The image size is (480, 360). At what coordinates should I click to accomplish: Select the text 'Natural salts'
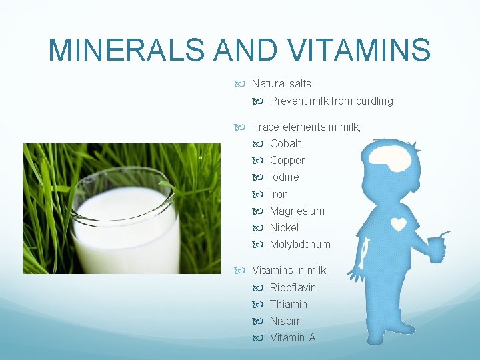pyautogui.click(x=281, y=84)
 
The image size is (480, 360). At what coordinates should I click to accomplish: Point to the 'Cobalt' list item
pyautogui.click(x=285, y=143)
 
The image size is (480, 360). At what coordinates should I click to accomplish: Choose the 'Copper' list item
pyautogui.click(x=287, y=160)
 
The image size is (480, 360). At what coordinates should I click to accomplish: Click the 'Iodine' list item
pyautogui.click(x=284, y=177)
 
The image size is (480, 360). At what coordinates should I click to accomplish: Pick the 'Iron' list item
pyautogui.click(x=279, y=194)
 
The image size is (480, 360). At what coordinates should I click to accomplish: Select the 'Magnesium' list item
pyautogui.click(x=297, y=211)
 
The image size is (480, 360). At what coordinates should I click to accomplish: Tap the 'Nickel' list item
pyautogui.click(x=284, y=227)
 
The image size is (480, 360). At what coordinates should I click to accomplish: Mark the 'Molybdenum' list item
pyautogui.click(x=299, y=244)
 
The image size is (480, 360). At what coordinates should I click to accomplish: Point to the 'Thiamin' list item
pyautogui.click(x=288, y=304)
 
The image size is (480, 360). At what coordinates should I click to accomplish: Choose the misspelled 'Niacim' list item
pyautogui.click(x=285, y=321)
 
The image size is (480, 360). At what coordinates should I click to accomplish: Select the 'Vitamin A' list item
pyautogui.click(x=292, y=337)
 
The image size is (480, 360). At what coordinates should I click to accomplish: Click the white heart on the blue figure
pyautogui.click(x=399, y=225)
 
